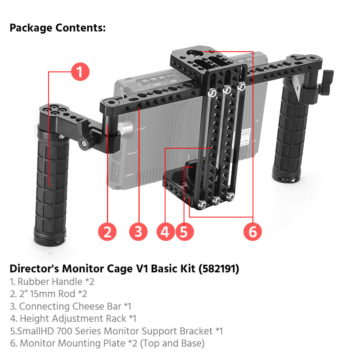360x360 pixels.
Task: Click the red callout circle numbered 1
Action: click(x=80, y=72)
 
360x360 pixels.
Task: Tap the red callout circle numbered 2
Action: click(x=107, y=231)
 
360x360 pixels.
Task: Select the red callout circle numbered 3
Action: click(x=138, y=231)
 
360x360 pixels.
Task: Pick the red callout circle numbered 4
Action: click(x=166, y=231)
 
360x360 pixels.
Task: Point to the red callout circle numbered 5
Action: click(x=184, y=231)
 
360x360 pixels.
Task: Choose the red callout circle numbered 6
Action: click(x=252, y=231)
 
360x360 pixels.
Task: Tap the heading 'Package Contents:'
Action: click(x=58, y=28)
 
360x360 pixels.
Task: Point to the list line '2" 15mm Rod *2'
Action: click(x=48, y=294)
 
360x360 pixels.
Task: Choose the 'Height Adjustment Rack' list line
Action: click(x=73, y=319)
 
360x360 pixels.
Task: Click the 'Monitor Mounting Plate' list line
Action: click(x=107, y=343)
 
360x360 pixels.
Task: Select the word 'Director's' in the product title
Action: click(x=34, y=269)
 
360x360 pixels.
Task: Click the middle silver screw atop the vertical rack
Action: click(x=226, y=89)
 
